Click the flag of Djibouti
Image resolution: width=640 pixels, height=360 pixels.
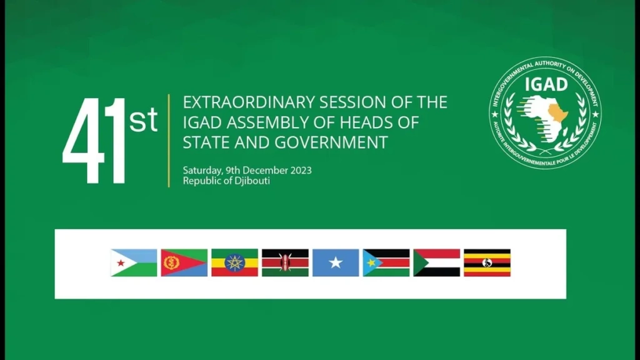134,263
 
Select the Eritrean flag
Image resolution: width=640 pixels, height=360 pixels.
184,263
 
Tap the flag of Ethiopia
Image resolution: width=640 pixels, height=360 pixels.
235,263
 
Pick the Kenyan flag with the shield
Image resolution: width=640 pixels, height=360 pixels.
285,263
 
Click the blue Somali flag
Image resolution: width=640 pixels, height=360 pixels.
336,263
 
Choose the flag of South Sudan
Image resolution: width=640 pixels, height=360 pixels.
386,263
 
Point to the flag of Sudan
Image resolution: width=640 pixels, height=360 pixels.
437,263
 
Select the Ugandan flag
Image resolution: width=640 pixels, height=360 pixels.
487,263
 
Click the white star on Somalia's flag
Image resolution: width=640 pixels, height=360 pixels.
336,262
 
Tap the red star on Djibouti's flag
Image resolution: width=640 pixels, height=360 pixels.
121,263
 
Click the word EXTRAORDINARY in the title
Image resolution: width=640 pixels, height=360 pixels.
249,102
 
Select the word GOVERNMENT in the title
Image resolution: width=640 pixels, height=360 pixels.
331,142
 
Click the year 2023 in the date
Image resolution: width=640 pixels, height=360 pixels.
301,170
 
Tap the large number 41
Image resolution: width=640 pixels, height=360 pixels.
94,141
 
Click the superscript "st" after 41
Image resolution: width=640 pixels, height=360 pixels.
143,119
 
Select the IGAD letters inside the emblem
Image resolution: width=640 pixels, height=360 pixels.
546,84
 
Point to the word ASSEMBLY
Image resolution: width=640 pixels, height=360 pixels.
281,122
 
